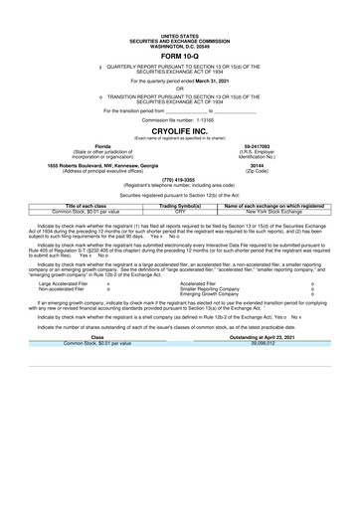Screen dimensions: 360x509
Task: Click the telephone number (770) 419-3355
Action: pyautogui.click(x=179, y=180)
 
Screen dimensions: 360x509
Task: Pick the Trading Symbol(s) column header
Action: pyautogui.click(x=180, y=206)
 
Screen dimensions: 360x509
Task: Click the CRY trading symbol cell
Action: pyautogui.click(x=180, y=212)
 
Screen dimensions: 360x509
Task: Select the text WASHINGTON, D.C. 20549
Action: pyautogui.click(x=179, y=19)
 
